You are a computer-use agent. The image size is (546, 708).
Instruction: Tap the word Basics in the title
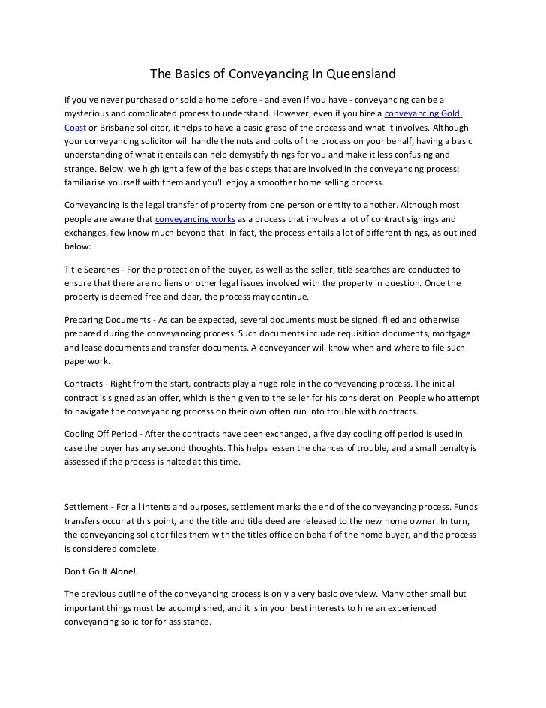193,74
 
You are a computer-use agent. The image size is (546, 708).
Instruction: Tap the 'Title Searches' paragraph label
93,268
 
